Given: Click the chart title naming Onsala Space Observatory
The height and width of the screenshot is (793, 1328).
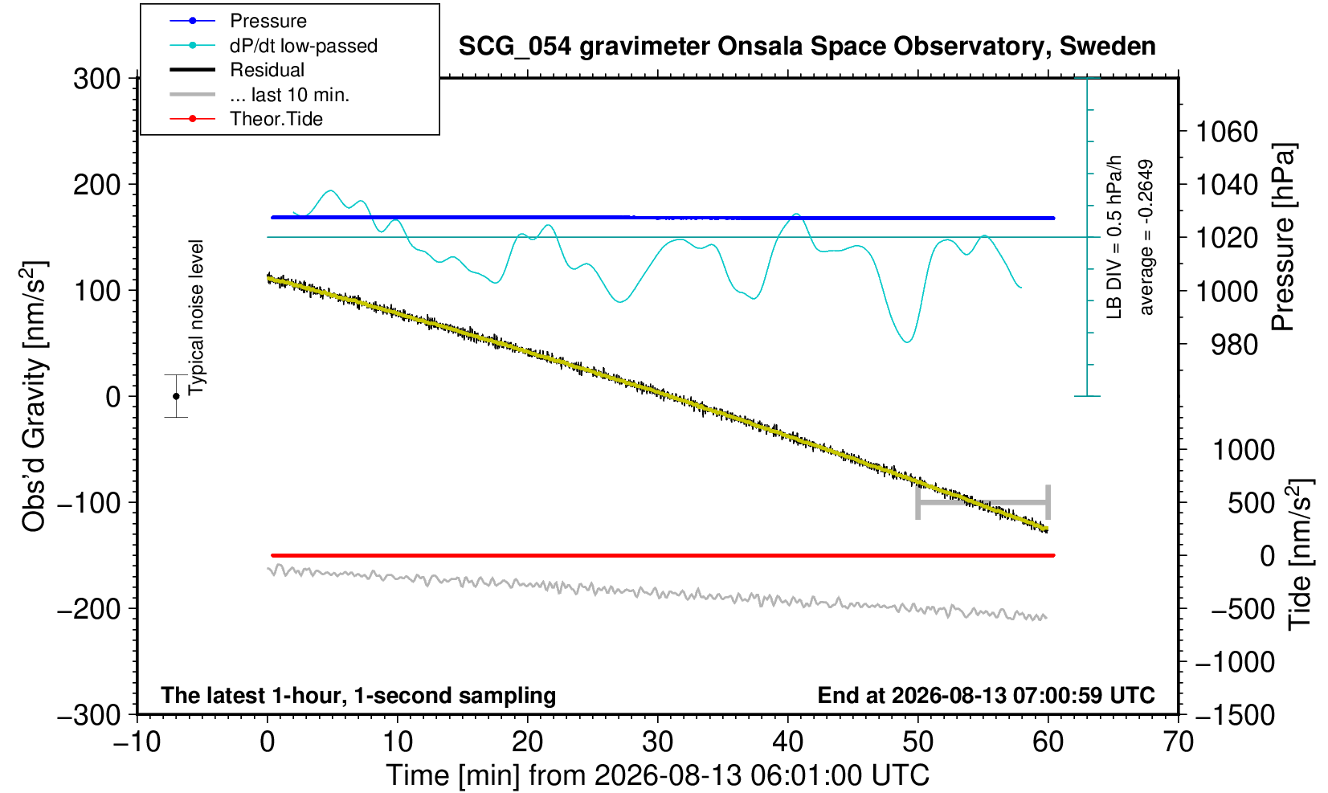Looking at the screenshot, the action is click(807, 46).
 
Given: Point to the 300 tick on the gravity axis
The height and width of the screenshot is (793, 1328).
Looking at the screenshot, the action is click(96, 78).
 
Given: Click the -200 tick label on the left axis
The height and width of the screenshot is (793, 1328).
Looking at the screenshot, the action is click(89, 608).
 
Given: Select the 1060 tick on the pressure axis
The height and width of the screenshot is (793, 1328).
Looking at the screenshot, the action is click(1227, 132).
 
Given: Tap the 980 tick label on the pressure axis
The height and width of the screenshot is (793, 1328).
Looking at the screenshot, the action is click(1234, 345).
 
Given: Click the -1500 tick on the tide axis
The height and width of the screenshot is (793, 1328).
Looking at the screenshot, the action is click(1235, 715).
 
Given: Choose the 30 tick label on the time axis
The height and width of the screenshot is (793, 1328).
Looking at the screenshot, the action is click(657, 742).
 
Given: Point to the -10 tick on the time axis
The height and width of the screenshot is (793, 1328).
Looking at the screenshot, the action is click(137, 742).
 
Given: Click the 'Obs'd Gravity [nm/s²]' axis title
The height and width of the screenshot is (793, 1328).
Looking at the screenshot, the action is click(34, 396).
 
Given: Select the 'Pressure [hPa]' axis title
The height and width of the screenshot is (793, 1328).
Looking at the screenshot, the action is click(1283, 237).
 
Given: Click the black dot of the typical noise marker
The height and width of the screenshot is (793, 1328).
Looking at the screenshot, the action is click(176, 396).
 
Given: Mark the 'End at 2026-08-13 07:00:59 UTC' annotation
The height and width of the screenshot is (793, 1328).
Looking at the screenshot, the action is click(986, 695).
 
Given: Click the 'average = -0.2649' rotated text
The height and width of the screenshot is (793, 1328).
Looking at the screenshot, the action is click(1146, 237).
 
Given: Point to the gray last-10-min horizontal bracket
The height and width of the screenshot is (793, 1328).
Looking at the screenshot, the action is click(983, 502).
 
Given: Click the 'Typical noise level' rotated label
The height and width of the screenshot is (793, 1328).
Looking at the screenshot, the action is click(196, 318).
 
